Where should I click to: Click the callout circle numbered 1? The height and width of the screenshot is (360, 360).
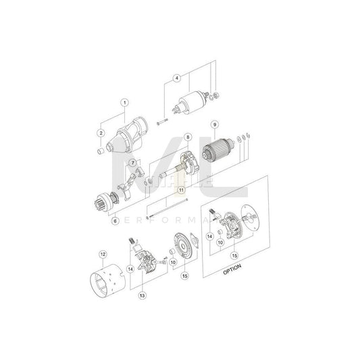(x=124, y=103)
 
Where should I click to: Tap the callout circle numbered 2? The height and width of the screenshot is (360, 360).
(x=101, y=133)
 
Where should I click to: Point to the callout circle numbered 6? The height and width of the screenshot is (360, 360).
(x=114, y=220)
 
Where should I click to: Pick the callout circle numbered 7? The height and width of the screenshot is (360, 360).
(x=134, y=163)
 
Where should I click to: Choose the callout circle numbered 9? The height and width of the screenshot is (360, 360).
(x=214, y=124)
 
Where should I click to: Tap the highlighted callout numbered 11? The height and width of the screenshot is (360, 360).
(x=181, y=190)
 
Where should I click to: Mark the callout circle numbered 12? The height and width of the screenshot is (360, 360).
(x=103, y=255)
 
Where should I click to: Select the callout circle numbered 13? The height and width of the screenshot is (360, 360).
(x=143, y=296)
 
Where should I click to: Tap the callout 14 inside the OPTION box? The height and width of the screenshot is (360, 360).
(x=211, y=237)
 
